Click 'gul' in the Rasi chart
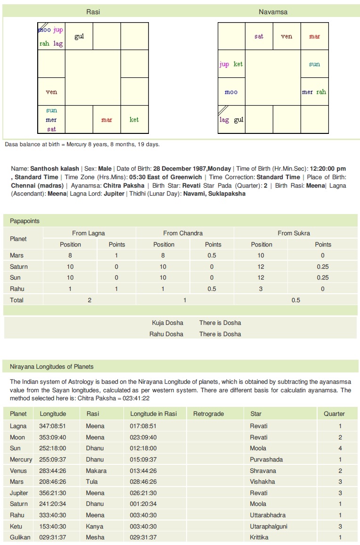(x=79, y=36)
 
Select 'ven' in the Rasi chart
(x=51, y=92)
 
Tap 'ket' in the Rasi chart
(x=134, y=120)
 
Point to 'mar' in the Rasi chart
(x=106, y=120)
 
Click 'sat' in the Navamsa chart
(x=259, y=36)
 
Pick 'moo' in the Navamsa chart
(x=231, y=92)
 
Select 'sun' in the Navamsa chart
(x=314, y=64)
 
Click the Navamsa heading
(x=273, y=12)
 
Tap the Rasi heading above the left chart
(x=93, y=12)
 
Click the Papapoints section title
(x=25, y=221)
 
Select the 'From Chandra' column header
(x=183, y=233)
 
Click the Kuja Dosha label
(x=167, y=323)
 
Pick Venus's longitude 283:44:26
(x=53, y=471)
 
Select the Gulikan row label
(x=20, y=537)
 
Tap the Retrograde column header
(x=208, y=414)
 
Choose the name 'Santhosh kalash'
(x=55, y=169)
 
